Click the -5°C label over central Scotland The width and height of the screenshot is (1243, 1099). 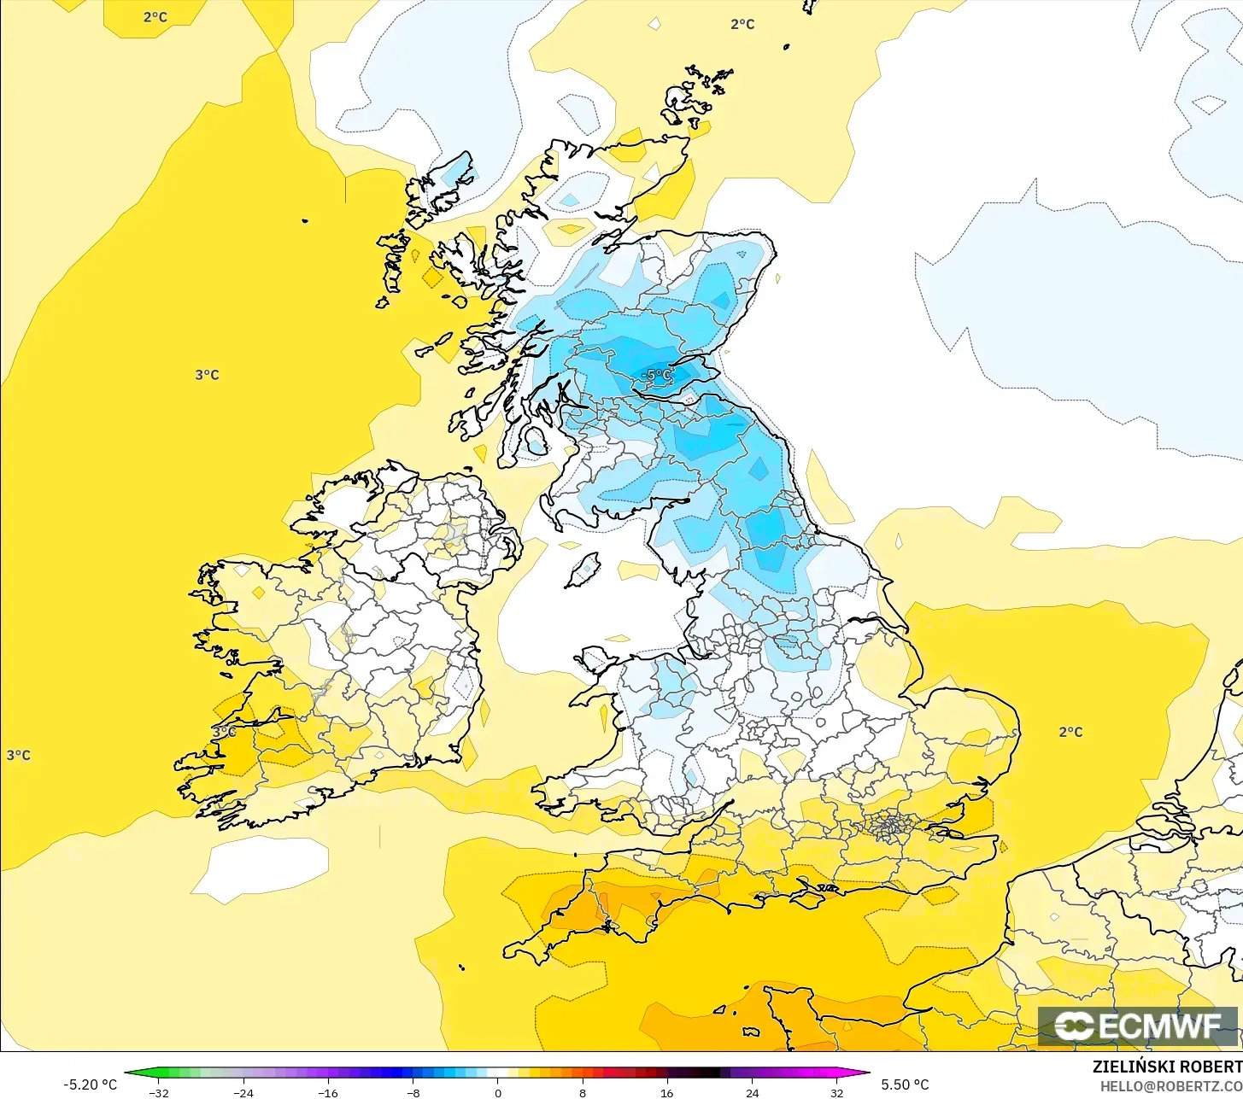pyautogui.click(x=656, y=375)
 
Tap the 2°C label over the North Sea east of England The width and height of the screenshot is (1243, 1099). pyautogui.click(x=1070, y=732)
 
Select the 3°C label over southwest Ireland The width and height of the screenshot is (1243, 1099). pyautogui.click(x=224, y=732)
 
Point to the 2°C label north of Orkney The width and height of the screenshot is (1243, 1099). pyautogui.click(x=742, y=24)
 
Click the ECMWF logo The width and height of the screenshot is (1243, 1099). pyautogui.click(x=1138, y=1026)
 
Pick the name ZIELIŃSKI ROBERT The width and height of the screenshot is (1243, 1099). pyautogui.click(x=1167, y=1067)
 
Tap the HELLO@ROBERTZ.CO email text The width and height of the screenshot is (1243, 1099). pyautogui.click(x=1171, y=1085)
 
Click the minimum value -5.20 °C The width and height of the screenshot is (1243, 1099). pyautogui.click(x=90, y=1084)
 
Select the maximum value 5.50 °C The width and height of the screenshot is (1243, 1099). pyautogui.click(x=905, y=1084)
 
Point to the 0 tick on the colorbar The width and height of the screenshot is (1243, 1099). pyautogui.click(x=498, y=1093)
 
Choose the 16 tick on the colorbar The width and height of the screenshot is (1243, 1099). pyautogui.click(x=666, y=1093)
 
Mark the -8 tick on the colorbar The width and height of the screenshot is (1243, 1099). pyautogui.click(x=413, y=1093)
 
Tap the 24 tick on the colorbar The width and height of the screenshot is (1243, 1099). pyautogui.click(x=752, y=1093)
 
